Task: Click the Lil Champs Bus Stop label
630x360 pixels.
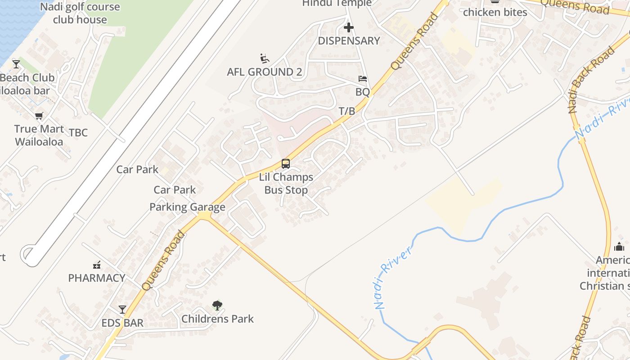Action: click(x=286, y=184)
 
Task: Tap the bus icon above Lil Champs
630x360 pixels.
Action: click(x=286, y=163)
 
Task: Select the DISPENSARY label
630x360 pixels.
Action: click(x=349, y=40)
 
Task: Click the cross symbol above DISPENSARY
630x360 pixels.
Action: click(x=349, y=27)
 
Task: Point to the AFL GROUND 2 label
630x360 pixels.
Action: click(x=265, y=72)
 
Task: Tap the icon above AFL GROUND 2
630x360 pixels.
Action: click(x=265, y=58)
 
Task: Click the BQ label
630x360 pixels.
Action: click(x=363, y=92)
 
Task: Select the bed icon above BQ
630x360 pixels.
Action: click(x=363, y=79)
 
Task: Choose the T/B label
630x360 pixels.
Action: click(x=347, y=111)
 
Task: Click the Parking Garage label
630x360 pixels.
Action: click(x=187, y=207)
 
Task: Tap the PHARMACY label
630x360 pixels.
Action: click(x=97, y=278)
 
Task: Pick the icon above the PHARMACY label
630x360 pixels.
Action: click(x=97, y=265)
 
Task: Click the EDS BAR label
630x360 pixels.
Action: click(x=122, y=323)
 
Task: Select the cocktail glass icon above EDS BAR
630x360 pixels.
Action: click(x=122, y=309)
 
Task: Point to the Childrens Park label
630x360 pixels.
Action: click(x=217, y=319)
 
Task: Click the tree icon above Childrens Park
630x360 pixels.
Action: click(x=217, y=306)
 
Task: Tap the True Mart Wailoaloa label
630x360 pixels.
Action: click(x=39, y=135)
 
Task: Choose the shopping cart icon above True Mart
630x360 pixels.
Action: click(x=39, y=116)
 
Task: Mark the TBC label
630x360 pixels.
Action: click(x=78, y=133)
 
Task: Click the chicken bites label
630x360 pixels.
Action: click(x=495, y=12)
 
